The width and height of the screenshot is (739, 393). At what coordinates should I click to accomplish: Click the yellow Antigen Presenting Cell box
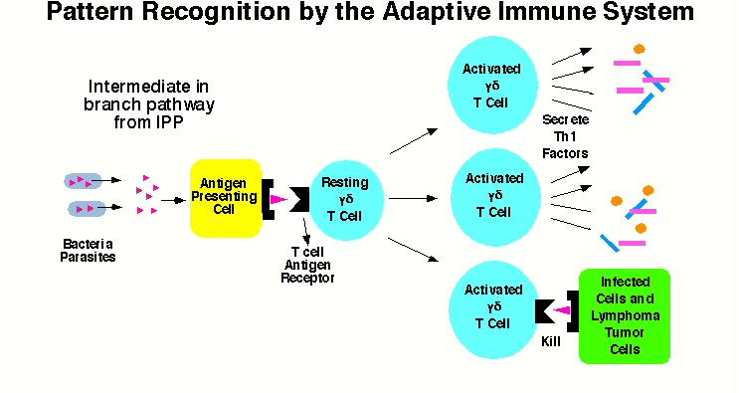[226, 198]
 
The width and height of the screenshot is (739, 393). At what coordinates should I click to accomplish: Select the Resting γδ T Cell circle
[345, 199]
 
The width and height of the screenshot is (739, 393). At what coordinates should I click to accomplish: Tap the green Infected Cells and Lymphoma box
[625, 316]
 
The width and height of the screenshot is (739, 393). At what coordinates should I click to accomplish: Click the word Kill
[551, 341]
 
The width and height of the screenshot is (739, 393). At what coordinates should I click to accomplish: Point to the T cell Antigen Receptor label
[307, 265]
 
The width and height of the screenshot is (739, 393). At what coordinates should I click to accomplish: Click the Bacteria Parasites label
[88, 250]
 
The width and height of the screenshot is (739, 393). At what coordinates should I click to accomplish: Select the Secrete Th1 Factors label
[565, 136]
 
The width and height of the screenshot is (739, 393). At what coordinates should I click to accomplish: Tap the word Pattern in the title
[90, 12]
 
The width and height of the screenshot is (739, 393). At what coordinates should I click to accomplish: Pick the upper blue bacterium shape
[83, 181]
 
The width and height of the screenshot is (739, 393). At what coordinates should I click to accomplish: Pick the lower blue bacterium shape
[88, 208]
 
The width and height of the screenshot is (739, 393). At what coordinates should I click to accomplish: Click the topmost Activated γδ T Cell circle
[492, 86]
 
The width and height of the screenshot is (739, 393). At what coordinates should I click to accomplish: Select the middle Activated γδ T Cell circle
[495, 197]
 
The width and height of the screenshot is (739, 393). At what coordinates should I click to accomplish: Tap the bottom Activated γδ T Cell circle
[494, 309]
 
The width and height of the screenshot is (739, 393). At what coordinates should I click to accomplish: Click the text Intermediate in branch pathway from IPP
[149, 104]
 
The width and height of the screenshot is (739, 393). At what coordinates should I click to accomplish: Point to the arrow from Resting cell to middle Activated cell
[413, 198]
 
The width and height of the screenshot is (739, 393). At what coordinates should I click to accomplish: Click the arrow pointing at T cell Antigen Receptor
[306, 228]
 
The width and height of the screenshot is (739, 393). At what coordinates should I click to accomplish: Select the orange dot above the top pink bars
[640, 49]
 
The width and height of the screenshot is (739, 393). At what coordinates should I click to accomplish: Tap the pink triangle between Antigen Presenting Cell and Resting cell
[279, 200]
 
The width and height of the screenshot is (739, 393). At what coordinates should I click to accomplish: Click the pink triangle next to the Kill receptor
[562, 310]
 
